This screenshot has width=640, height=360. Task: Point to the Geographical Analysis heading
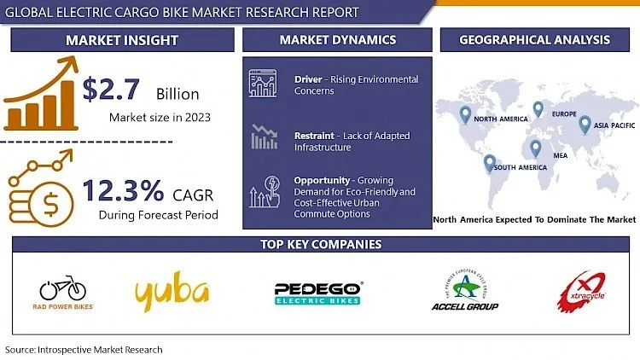coord(534,40)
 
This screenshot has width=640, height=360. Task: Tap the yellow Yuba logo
coord(172,291)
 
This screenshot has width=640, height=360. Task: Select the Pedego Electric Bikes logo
coord(319,293)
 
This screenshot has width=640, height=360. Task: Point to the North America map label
coord(504,119)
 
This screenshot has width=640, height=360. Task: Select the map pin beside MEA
coord(535,148)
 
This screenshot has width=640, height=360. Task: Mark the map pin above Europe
coord(538,109)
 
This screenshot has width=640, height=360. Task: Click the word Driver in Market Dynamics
coord(308,79)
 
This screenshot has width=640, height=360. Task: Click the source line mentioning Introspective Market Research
coord(84,350)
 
